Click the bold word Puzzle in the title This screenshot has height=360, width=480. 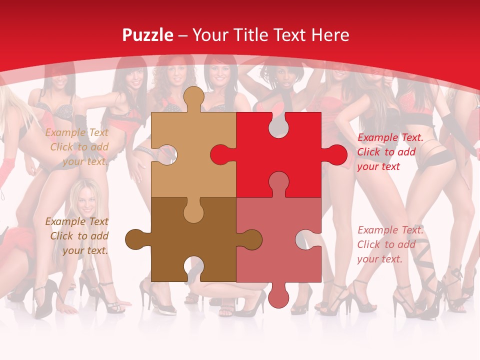click(x=148, y=35)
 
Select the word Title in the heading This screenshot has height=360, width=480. click(x=243, y=35)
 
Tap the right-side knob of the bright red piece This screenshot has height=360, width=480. click(x=335, y=154)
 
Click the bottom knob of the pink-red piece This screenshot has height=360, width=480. click(x=278, y=296)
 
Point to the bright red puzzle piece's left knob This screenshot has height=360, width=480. click(x=220, y=154)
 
